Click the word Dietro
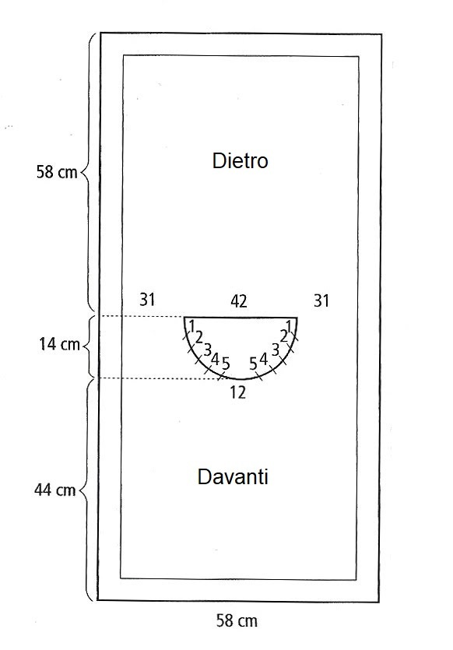240,160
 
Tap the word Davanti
233,476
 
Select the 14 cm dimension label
59,344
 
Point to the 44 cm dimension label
54,490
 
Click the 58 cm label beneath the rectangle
237,620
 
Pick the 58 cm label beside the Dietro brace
57,171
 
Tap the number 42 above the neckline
239,301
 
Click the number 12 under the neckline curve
238,392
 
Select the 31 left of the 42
147,299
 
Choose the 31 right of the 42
321,301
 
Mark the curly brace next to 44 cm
85,490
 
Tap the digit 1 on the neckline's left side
191,326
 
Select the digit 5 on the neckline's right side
253,364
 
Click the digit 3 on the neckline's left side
207,350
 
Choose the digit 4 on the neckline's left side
215,359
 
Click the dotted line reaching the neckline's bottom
162,378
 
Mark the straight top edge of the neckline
241,318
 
